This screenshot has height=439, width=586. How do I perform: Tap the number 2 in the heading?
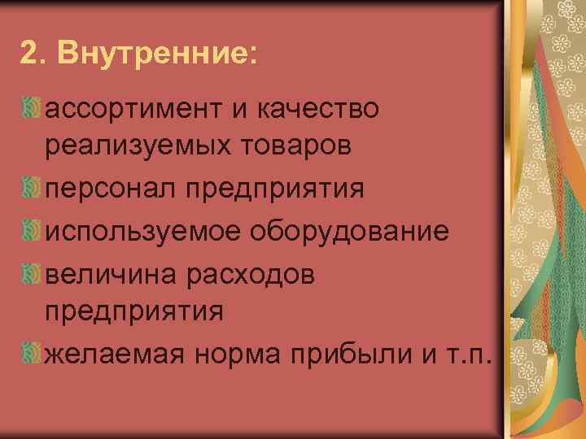[x=28, y=53]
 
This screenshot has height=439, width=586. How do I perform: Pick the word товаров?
[x=301, y=147]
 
